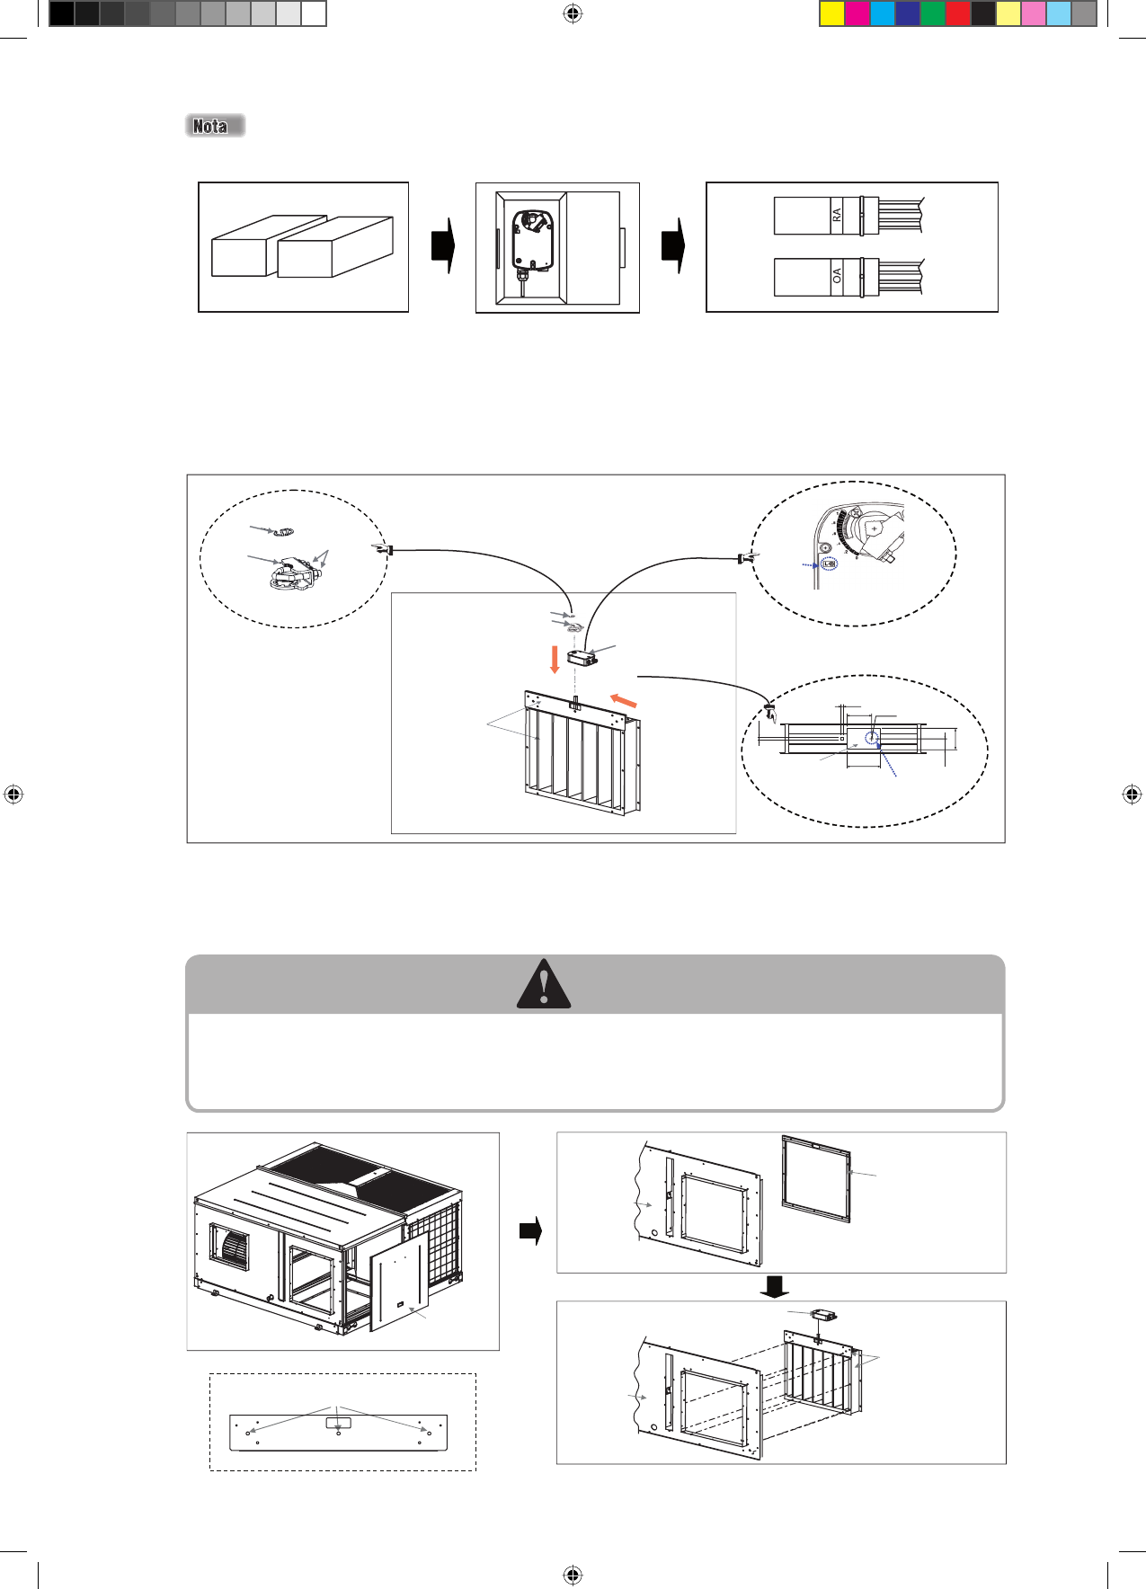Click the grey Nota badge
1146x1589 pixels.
tap(215, 126)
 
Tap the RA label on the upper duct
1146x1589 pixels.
tap(837, 216)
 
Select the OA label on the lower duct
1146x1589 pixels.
tap(837, 276)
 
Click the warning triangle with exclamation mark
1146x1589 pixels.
tap(544, 984)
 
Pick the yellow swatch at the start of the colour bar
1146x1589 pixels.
tap(832, 13)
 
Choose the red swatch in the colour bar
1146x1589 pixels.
tap(958, 13)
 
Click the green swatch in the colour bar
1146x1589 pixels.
tap(933, 13)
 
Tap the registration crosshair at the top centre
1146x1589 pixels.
tap(573, 13)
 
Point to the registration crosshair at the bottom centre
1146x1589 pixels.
tap(573, 1575)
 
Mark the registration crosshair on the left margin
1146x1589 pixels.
tap(13, 794)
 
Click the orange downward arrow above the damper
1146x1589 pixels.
tap(555, 660)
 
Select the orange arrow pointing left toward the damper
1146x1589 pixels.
tap(624, 699)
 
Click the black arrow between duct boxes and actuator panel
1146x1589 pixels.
tap(443, 246)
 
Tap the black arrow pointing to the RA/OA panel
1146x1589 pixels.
tap(673, 246)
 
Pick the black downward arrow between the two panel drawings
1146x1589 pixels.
tap(774, 1288)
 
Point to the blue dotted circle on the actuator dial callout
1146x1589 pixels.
tap(829, 564)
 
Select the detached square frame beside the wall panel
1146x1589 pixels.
tap(816, 1178)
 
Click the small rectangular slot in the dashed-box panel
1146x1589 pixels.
tap(338, 1423)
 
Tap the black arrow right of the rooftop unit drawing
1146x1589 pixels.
tap(531, 1230)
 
